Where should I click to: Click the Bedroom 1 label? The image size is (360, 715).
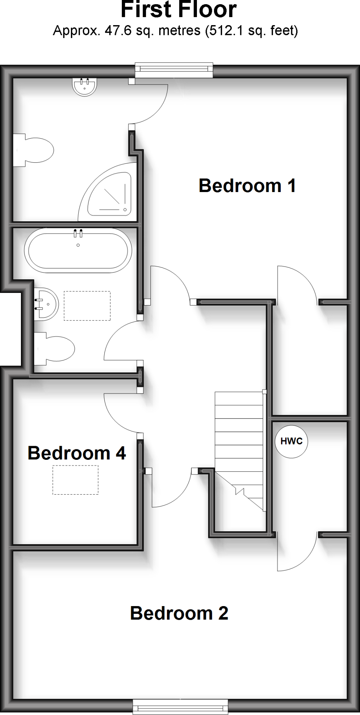pos(247,185)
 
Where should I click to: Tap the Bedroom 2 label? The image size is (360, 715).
pos(179,613)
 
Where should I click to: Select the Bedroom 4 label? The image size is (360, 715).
pos(77,453)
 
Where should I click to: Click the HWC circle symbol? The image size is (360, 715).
pos(291,441)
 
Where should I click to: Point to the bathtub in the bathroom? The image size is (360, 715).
pos(78,250)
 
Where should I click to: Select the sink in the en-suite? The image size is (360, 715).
pos(85,87)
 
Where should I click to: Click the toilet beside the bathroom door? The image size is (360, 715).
pos(55,348)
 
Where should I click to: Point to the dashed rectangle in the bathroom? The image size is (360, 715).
pos(87,306)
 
